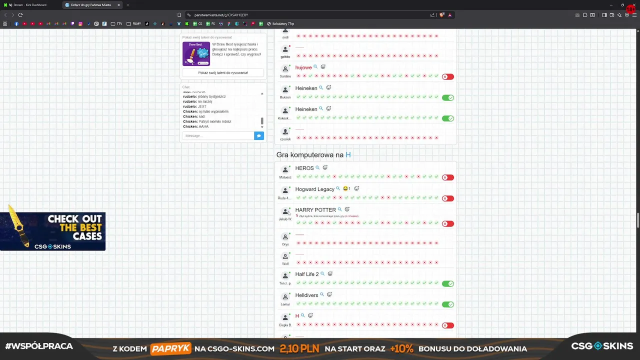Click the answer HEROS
pyautogui.click(x=304, y=168)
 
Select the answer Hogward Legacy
pyautogui.click(x=314, y=189)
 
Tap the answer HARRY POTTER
pyautogui.click(x=315, y=210)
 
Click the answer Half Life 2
pyautogui.click(x=306, y=274)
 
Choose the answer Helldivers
pyautogui.click(x=306, y=295)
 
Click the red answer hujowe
pyautogui.click(x=303, y=67)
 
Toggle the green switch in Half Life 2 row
pyautogui.click(x=447, y=283)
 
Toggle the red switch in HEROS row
pyautogui.click(x=447, y=177)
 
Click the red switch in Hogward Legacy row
pyautogui.click(x=447, y=198)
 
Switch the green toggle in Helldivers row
pyautogui.click(x=447, y=304)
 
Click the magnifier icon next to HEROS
pyautogui.click(x=317, y=168)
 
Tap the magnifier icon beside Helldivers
pyautogui.click(x=322, y=295)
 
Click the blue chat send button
pyautogui.click(x=258, y=135)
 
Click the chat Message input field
pyautogui.click(x=218, y=135)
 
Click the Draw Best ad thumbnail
pyautogui.click(x=196, y=53)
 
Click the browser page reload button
pyautogui.click(x=20, y=15)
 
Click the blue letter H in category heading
pyautogui.click(x=348, y=155)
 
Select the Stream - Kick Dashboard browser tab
pyautogui.click(x=30, y=5)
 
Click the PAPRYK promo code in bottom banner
pyautogui.click(x=170, y=348)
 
